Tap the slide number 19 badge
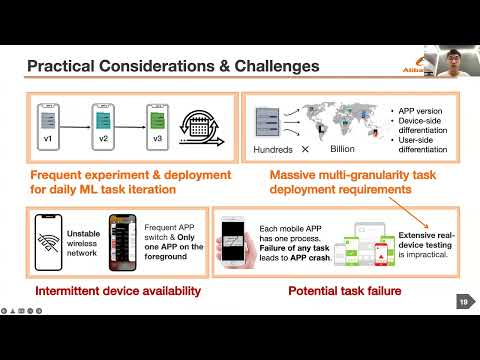click(462, 301)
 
